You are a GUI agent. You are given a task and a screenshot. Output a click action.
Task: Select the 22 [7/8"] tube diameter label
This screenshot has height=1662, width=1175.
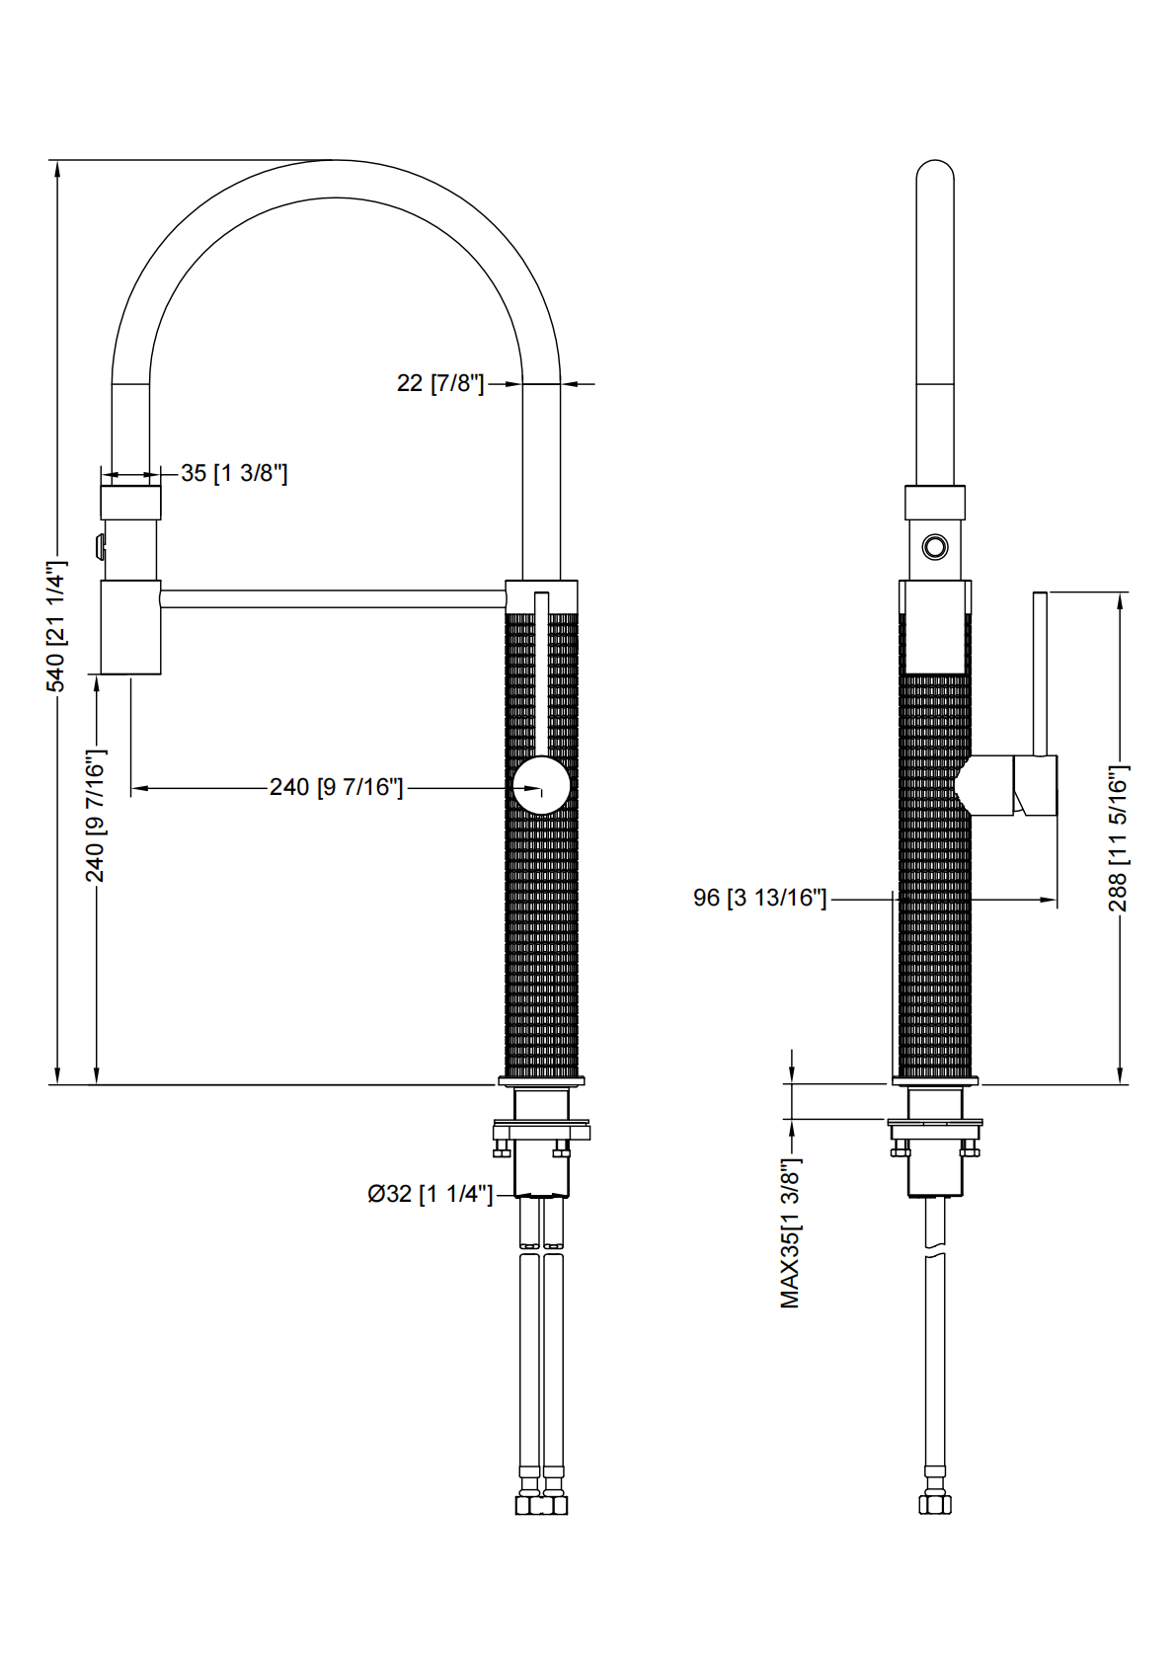[440, 383]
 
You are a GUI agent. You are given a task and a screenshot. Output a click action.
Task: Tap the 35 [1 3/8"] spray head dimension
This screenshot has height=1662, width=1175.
[234, 473]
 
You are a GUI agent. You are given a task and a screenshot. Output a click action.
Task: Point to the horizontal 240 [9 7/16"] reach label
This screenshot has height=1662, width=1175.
[336, 787]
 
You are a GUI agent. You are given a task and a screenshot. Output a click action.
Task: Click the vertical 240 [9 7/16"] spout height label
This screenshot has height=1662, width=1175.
[95, 815]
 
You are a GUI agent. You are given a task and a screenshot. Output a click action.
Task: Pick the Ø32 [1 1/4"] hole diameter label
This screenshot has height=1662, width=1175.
[430, 1194]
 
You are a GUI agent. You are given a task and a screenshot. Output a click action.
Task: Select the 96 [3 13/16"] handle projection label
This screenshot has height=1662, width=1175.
[759, 898]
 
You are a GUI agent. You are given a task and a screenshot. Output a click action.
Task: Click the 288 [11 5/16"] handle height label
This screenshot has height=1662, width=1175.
[1118, 837]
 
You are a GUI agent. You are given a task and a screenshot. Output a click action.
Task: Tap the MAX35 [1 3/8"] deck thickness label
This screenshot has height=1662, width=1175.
[790, 1233]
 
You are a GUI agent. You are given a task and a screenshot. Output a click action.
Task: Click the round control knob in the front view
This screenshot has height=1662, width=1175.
[541, 786]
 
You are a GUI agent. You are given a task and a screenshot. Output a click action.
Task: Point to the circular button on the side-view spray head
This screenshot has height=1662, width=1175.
[934, 546]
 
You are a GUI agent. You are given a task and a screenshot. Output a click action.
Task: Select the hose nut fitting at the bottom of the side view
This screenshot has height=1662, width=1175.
[934, 1504]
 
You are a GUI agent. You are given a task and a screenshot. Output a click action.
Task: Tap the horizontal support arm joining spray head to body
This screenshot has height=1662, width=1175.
[333, 598]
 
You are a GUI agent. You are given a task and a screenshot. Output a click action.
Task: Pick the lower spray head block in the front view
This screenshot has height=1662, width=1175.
[130, 627]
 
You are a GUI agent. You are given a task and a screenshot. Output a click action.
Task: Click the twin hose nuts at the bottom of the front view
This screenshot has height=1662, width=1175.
[541, 1504]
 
